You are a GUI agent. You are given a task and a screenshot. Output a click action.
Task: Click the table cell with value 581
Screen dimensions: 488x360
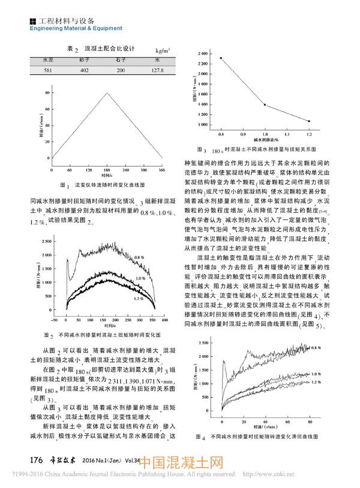point(47,71)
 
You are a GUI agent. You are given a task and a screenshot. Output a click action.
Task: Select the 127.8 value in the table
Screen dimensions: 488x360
point(157,71)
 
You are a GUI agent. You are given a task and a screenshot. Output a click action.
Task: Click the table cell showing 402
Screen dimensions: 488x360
point(84,71)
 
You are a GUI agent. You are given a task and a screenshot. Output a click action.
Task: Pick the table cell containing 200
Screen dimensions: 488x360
point(121,71)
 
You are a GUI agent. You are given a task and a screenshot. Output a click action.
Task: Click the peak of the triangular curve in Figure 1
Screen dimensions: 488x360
point(107,92)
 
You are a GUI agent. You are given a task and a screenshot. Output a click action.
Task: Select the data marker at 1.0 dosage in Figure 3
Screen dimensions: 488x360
point(265,105)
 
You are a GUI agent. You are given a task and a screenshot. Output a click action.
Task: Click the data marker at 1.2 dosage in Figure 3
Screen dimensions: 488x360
point(309,121)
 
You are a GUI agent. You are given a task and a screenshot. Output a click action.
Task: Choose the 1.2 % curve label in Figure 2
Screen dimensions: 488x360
point(139,298)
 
